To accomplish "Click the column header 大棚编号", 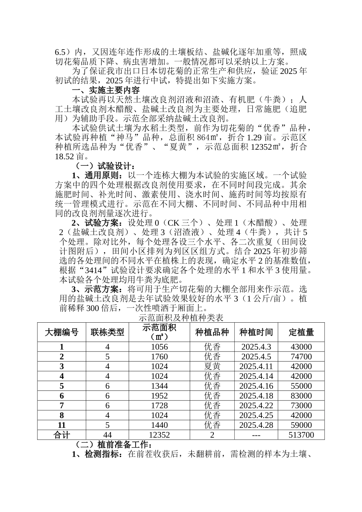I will point(62,332).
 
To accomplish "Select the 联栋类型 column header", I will point(107,332).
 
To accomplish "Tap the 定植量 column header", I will point(301,332).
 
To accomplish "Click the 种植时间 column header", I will point(256,332).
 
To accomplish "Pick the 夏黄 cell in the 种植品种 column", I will point(212,366).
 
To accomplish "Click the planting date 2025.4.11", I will point(256,366).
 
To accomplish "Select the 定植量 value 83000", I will point(301,396).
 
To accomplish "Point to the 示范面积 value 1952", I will point(159,396).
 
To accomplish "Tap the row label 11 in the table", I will point(62,425).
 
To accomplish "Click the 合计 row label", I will point(62,435).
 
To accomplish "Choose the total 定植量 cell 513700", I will point(301,435).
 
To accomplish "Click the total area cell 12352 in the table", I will point(159,435).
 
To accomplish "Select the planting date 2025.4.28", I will point(256,425).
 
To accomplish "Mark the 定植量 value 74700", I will point(301,357).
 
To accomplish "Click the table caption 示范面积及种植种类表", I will point(181,317).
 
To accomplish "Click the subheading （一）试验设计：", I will point(103,166).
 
